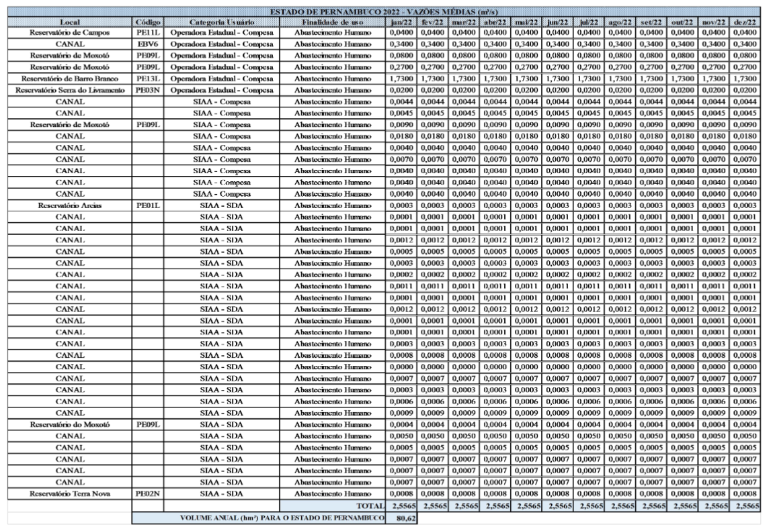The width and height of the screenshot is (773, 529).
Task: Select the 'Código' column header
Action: pyautogui.click(x=147, y=22)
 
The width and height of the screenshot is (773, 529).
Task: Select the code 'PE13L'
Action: pyautogui.click(x=147, y=79)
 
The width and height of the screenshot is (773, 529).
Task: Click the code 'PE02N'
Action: pyautogui.click(x=147, y=493)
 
